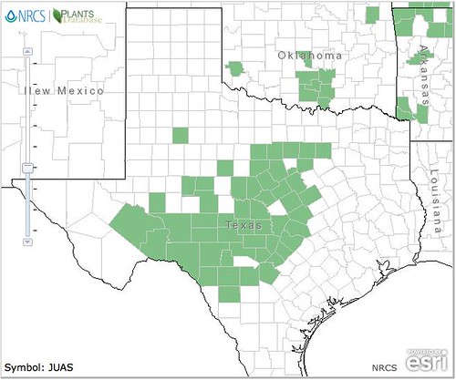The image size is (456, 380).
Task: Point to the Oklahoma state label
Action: point(310,56)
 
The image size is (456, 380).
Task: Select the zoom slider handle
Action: point(27,167)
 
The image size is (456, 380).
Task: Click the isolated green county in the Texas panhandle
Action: point(180,136)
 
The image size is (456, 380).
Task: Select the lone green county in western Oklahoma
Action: point(237,68)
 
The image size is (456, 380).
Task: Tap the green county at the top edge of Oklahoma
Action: point(371,15)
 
